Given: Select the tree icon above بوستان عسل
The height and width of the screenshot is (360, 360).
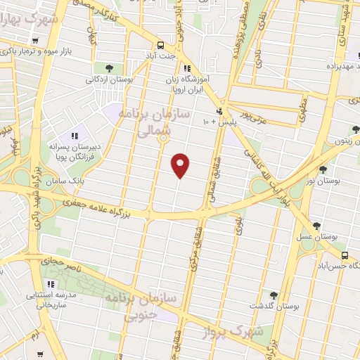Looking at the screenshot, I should [x=318, y=226].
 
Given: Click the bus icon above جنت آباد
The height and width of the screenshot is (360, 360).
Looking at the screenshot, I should [x=161, y=42].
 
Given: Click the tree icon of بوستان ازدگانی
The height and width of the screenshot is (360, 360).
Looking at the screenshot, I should [x=109, y=67].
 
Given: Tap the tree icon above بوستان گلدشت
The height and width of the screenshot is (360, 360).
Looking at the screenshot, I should [x=274, y=295].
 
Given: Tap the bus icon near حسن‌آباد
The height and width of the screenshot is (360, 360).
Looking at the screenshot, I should [x=345, y=256].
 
